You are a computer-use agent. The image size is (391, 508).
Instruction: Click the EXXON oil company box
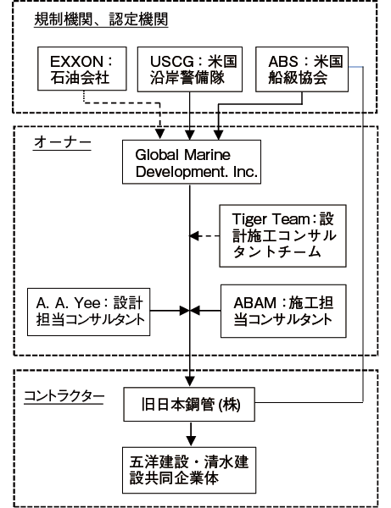click(82, 69)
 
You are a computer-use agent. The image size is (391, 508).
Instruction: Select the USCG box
click(190, 69)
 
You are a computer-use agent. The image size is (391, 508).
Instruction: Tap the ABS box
click(302, 69)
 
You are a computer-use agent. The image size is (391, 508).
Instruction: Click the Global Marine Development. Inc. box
click(192, 162)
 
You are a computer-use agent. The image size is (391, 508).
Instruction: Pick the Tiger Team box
click(282, 236)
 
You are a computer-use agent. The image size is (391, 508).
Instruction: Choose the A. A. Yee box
click(88, 312)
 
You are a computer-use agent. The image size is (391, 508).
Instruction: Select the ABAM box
click(283, 312)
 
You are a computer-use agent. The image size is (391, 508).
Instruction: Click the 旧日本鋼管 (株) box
click(189, 405)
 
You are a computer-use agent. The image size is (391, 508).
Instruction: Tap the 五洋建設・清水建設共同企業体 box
click(189, 470)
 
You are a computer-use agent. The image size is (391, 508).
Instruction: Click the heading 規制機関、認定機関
click(101, 19)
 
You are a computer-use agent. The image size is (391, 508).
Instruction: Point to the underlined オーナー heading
click(62, 142)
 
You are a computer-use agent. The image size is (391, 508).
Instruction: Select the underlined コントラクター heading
click(64, 396)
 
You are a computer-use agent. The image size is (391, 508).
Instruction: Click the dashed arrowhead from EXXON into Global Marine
click(159, 134)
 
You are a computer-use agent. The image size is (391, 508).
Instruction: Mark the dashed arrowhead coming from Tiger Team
click(194, 236)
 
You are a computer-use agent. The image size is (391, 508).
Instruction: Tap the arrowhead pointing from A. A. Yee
click(185, 311)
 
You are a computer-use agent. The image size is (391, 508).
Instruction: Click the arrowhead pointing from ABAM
click(195, 311)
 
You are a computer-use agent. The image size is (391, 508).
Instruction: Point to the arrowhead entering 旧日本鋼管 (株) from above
click(190, 381)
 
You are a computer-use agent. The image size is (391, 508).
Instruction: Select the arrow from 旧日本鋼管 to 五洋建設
click(191, 434)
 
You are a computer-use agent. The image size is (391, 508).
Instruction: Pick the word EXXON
click(76, 61)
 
